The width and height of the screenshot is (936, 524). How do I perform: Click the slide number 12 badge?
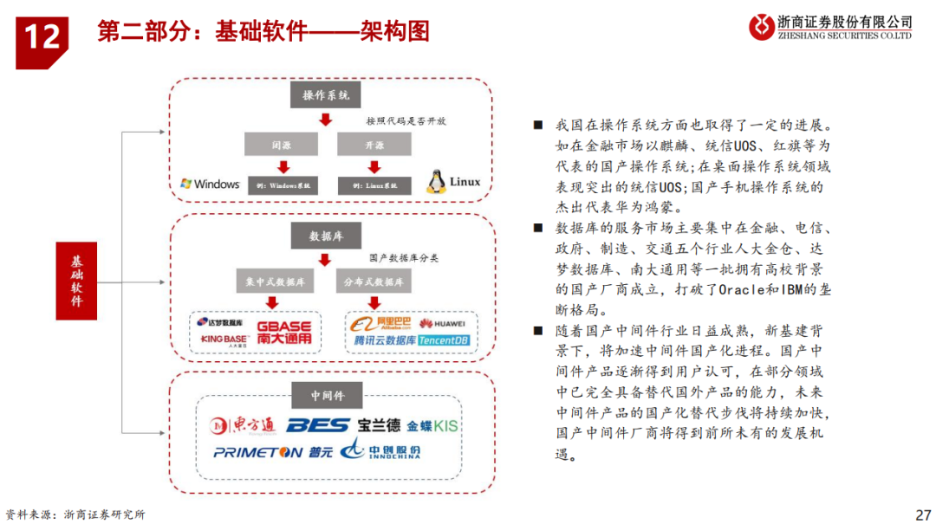(x=42, y=36)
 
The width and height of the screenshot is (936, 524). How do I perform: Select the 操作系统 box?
(x=325, y=95)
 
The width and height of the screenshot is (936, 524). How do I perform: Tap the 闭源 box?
(x=282, y=143)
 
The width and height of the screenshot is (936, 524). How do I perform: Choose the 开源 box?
(x=373, y=143)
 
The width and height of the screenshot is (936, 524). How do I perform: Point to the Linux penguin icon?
(x=435, y=182)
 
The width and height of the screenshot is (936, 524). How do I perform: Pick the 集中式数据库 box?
(x=276, y=281)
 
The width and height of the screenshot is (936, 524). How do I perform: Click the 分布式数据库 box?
(x=373, y=281)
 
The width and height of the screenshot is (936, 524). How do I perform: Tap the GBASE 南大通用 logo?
(x=283, y=331)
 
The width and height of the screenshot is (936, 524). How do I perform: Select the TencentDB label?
(x=443, y=341)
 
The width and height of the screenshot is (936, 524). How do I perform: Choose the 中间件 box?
(x=327, y=396)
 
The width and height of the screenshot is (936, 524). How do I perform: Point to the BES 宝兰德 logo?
(x=343, y=425)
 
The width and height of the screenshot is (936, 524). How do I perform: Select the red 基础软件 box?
(x=78, y=281)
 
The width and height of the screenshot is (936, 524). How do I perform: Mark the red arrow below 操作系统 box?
(x=325, y=120)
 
